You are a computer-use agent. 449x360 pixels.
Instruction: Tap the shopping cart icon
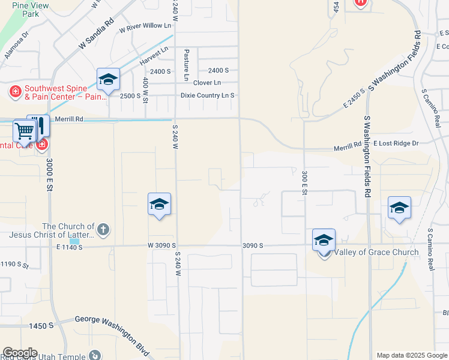[24, 130]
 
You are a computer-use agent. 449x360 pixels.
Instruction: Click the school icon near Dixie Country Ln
[108, 79]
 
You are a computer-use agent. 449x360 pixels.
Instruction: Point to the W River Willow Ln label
[145, 27]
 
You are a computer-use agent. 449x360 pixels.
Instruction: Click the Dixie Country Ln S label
[208, 95]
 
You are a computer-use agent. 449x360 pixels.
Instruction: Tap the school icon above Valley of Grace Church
[324, 240]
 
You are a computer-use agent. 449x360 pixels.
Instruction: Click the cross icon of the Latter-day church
[103, 229]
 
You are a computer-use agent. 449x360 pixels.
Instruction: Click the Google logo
[20, 353]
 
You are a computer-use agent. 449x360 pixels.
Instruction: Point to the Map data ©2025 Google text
[411, 355]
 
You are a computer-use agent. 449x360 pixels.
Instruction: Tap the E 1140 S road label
[69, 247]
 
